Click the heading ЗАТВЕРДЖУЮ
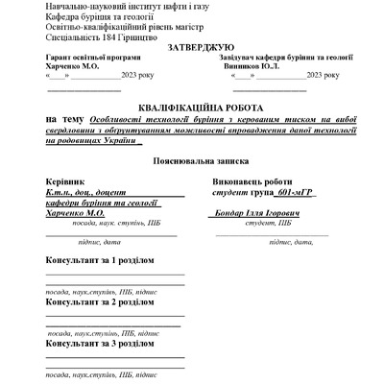(x=200, y=47)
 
